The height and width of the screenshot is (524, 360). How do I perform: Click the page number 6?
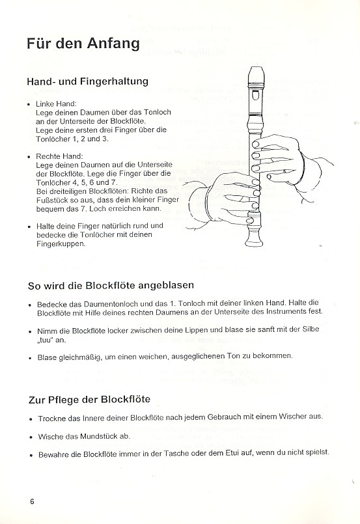click(31, 501)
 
